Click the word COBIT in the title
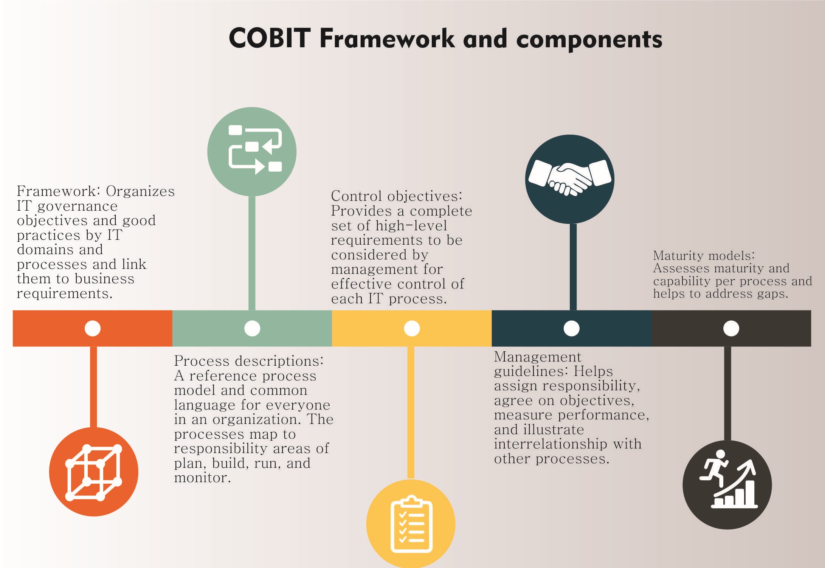(x=270, y=39)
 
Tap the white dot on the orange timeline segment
(x=93, y=328)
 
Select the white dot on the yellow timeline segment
(x=412, y=328)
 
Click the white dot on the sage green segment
(x=252, y=328)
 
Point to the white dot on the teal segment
(x=571, y=328)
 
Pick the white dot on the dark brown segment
(x=731, y=328)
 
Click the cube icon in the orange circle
(x=93, y=472)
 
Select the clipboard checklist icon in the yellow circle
(x=411, y=524)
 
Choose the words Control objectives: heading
(x=396, y=196)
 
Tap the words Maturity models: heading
(x=704, y=256)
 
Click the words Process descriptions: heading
(x=248, y=361)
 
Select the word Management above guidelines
(x=537, y=357)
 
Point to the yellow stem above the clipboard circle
(x=411, y=412)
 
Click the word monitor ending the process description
(x=201, y=478)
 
